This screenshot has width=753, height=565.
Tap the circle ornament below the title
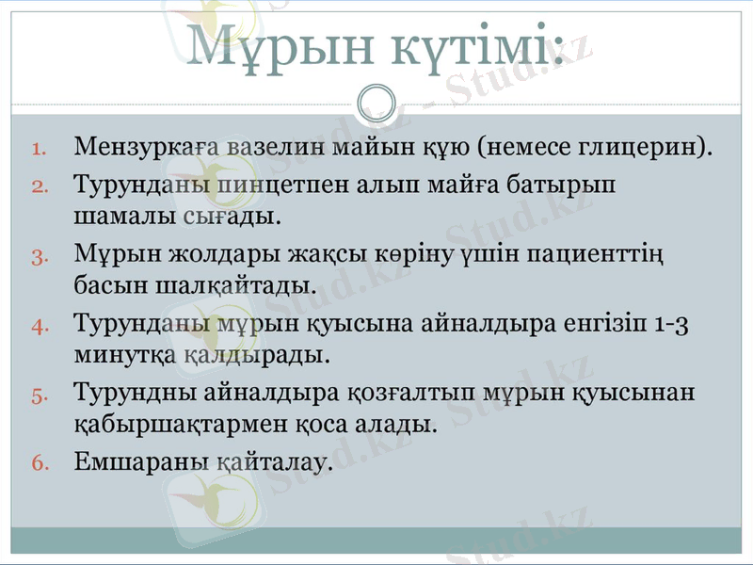376,99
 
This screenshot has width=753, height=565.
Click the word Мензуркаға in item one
138,148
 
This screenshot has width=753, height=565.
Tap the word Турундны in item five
128,392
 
